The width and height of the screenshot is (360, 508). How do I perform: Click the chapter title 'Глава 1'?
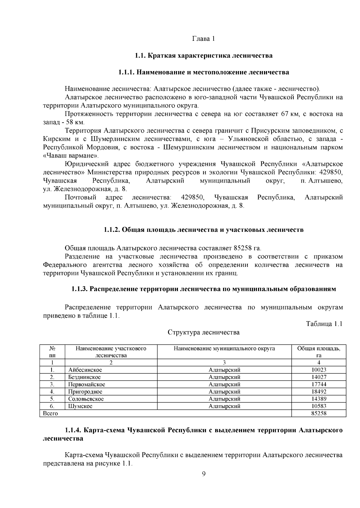pos(203,39)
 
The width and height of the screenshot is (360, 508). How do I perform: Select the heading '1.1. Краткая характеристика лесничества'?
pos(203,55)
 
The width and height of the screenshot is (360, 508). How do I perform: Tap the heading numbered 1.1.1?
pos(203,72)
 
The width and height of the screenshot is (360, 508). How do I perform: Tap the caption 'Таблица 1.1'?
pos(324,324)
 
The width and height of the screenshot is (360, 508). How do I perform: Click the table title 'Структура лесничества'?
pos(203,332)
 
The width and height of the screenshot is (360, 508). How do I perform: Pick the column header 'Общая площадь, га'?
pos(319,352)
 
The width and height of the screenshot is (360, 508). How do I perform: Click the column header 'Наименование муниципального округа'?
pos(224,348)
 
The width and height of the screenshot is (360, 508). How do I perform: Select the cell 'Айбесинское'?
pos(85,370)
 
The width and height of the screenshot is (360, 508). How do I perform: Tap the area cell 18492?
pos(319,392)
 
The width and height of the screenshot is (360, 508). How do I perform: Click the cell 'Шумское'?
pos(80,406)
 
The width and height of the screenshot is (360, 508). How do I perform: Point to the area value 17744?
pos(319,384)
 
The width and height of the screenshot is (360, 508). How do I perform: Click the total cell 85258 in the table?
pos(319,413)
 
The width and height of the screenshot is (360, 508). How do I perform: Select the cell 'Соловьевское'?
pos(86,399)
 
